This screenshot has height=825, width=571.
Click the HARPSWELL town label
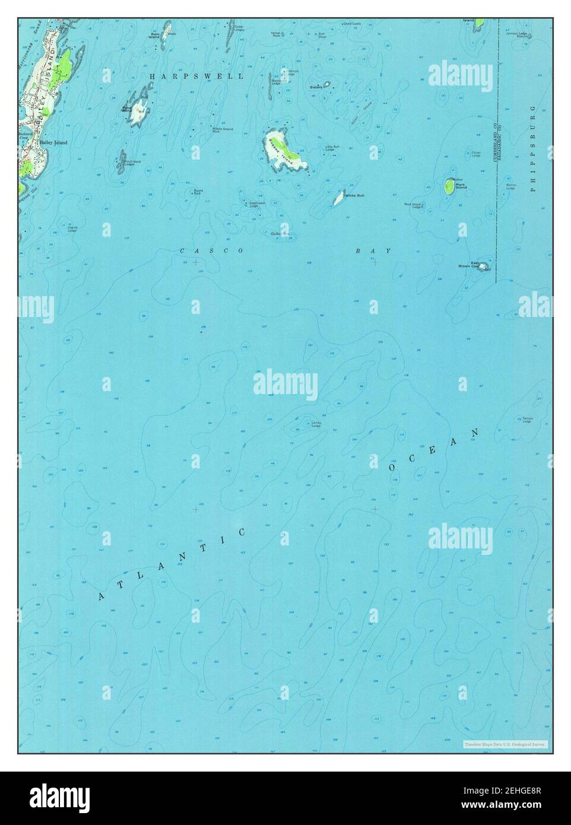click(196, 77)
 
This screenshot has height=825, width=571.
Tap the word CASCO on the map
click(211, 251)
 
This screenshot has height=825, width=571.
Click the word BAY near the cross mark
click(373, 251)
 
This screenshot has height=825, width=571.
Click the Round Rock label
click(198, 192)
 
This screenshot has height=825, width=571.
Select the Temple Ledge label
click(527, 420)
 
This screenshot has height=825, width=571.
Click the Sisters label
click(316, 87)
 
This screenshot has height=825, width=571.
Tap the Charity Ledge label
click(73, 227)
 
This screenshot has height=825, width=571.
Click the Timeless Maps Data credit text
click(506, 744)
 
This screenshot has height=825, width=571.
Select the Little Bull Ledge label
click(332, 148)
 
